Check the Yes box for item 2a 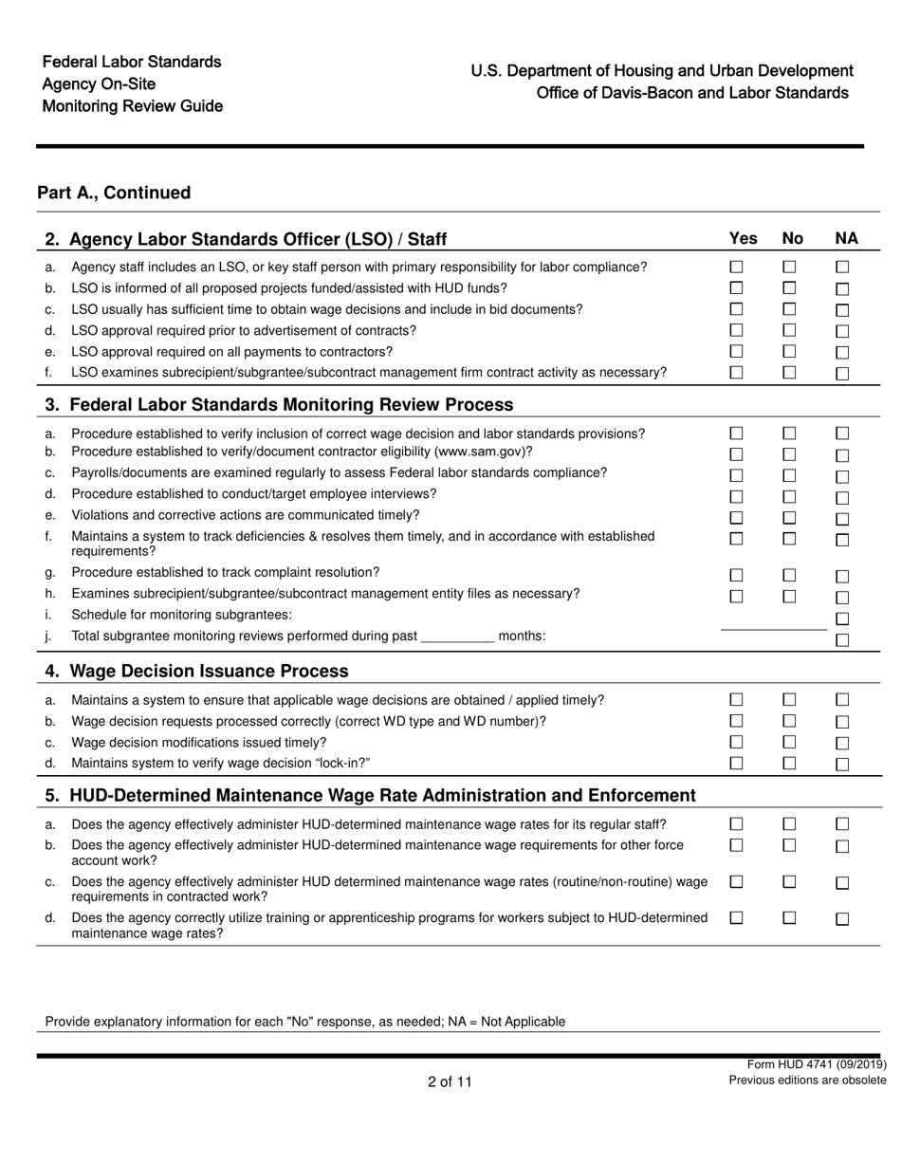(x=736, y=268)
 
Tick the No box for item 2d (x=789, y=330)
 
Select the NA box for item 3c (x=842, y=476)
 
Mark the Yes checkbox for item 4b (x=736, y=721)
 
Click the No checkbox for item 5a (x=789, y=824)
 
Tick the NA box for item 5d (x=842, y=919)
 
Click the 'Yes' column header (x=743, y=238)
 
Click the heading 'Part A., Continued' (x=114, y=193)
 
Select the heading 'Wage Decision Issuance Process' (x=209, y=671)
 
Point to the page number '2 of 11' (x=450, y=1081)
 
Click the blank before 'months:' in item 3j (x=457, y=637)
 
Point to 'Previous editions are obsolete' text (x=807, y=1080)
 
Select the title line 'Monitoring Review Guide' (x=133, y=105)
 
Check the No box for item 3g (x=789, y=575)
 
